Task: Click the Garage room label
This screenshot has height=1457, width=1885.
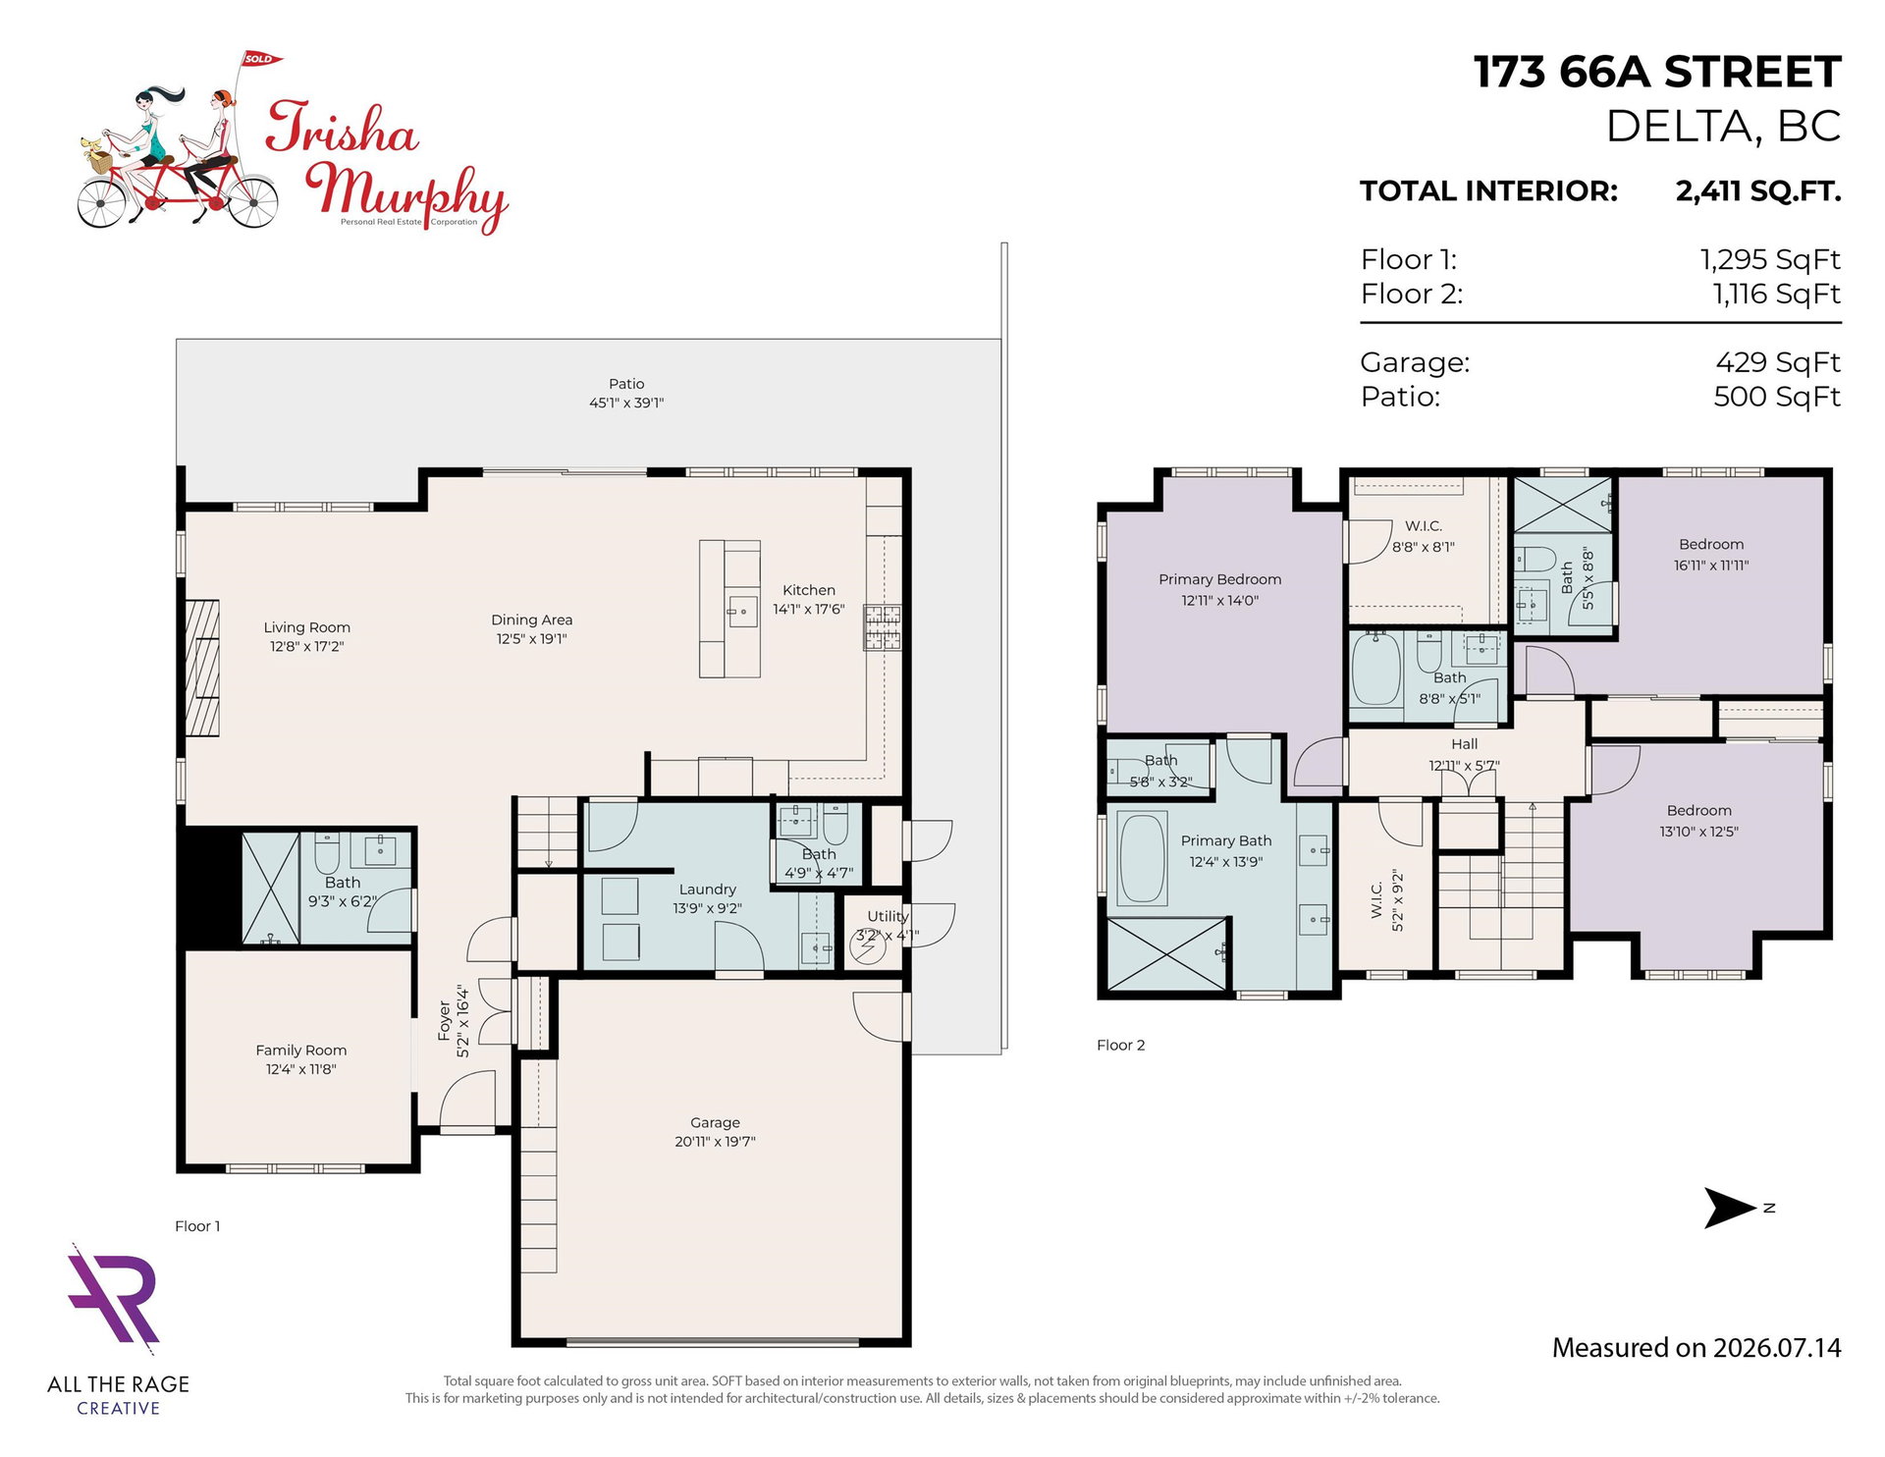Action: [x=715, y=1122]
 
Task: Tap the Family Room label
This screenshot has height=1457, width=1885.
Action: [x=300, y=1050]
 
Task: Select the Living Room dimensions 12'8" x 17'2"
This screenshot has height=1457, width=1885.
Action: [x=307, y=646]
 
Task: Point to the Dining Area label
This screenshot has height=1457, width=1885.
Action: [x=531, y=620]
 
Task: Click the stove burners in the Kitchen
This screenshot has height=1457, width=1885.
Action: [x=882, y=627]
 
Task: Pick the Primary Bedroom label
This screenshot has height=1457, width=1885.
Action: [x=1219, y=579]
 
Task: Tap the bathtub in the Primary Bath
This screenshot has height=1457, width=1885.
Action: [x=1142, y=857]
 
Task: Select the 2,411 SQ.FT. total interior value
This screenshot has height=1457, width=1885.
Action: [x=1757, y=190]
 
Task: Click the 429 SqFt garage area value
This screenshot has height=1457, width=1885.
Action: [x=1777, y=362]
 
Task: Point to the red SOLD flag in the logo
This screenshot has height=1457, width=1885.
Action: [x=260, y=59]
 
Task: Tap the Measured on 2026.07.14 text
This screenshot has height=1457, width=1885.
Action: [x=1696, y=1348]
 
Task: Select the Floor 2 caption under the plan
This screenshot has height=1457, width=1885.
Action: [x=1120, y=1045]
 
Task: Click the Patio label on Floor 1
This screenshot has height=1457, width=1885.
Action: [x=626, y=384]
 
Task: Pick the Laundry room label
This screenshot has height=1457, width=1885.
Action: [x=707, y=890]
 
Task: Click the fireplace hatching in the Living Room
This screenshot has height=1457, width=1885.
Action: [x=202, y=668]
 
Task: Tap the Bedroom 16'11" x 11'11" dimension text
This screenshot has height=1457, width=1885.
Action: [x=1711, y=566]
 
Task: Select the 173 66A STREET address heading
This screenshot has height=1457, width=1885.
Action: [x=1657, y=72]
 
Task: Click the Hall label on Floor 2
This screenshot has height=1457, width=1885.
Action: [x=1464, y=744]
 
